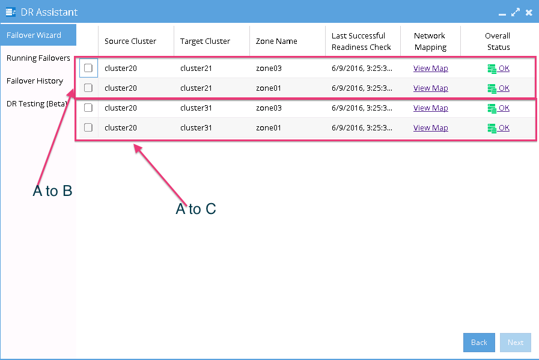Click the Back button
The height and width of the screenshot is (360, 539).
[479, 343]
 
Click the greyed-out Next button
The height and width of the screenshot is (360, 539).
[516, 343]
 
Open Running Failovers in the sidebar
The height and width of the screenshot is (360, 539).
[38, 58]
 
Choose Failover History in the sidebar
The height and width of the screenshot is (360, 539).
[35, 81]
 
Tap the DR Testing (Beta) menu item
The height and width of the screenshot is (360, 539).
[37, 104]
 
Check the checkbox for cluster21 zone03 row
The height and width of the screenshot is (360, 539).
[88, 68]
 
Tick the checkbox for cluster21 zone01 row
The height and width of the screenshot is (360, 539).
[88, 88]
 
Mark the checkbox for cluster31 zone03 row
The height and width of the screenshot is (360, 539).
[88, 108]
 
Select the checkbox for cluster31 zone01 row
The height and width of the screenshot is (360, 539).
[88, 127]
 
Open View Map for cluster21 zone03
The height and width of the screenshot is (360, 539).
[430, 68]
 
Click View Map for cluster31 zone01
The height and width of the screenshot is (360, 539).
[430, 127]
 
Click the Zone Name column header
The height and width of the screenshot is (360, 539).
[276, 41]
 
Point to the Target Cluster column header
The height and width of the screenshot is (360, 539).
[205, 41]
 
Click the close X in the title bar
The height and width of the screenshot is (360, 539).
[529, 13]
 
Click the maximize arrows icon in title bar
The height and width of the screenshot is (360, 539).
[516, 13]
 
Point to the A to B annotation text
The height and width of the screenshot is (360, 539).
[53, 191]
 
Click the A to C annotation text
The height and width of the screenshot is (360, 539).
[196, 209]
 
